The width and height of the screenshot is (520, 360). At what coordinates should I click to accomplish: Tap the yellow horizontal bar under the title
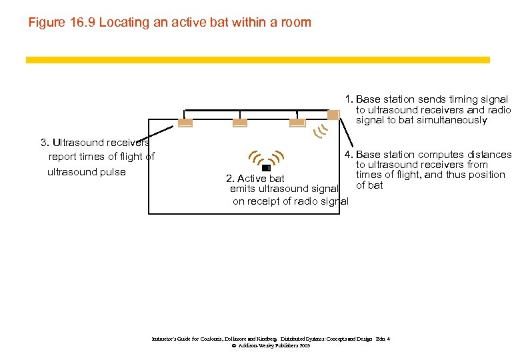point(257,60)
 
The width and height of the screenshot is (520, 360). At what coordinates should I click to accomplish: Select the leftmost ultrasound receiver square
point(185,122)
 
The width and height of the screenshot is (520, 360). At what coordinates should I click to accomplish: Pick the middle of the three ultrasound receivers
point(241,122)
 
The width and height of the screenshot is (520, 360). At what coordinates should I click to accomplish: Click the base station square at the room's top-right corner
point(333,115)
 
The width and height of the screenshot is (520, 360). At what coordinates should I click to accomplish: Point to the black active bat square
point(266,168)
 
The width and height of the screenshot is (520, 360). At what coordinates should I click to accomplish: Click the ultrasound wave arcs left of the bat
point(253,157)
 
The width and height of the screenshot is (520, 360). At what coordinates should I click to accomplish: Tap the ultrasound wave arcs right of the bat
point(279,157)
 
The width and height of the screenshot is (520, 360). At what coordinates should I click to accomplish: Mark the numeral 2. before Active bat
point(230,179)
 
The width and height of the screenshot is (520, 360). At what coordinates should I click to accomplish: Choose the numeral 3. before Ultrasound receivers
point(45,142)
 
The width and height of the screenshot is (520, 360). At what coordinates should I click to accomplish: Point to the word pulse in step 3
point(113,172)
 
